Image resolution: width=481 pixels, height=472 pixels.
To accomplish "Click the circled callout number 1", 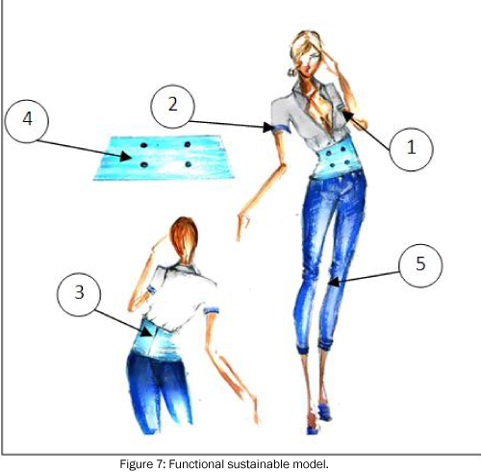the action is click(x=412, y=148).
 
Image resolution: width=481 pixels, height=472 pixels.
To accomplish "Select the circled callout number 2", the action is click(x=173, y=106).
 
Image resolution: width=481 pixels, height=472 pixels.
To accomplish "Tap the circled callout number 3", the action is click(x=79, y=293).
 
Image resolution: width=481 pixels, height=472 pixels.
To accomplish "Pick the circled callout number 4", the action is click(x=27, y=120).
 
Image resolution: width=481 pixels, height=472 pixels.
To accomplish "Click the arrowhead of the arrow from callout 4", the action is click(x=126, y=157).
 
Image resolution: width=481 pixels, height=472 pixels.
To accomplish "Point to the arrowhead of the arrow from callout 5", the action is click(x=334, y=282).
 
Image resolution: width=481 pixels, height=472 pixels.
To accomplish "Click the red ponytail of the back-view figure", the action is click(x=184, y=238).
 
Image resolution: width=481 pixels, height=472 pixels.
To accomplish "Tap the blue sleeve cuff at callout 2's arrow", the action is click(x=282, y=129).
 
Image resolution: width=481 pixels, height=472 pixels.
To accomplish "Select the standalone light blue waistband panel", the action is click(x=164, y=158).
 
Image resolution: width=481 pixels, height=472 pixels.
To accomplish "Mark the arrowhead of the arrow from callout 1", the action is click(x=348, y=116).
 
